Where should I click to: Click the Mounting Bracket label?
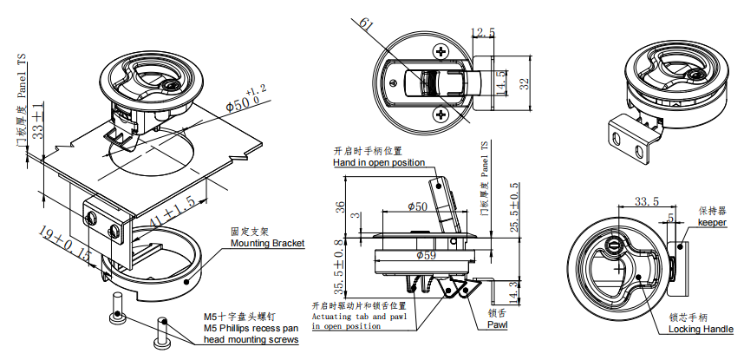pyautogui.click(x=267, y=244)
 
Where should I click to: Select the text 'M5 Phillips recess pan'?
pyautogui.click(x=251, y=329)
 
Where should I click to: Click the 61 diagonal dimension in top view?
pyautogui.click(x=366, y=28)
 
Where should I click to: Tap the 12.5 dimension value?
pyautogui.click(x=482, y=33)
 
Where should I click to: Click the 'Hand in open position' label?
pyautogui.click(x=379, y=162)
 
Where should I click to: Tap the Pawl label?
pyautogui.click(x=497, y=324)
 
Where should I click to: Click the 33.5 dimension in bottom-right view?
pyautogui.click(x=648, y=201)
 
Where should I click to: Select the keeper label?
pyautogui.click(x=712, y=222)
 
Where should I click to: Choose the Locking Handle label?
pyautogui.click(x=701, y=330)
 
